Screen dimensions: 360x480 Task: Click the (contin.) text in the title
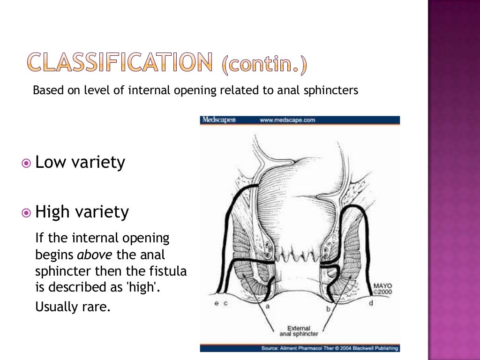265,66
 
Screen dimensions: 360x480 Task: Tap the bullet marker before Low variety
26,163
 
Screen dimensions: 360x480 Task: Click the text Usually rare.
73,307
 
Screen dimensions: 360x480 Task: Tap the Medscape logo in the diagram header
218,120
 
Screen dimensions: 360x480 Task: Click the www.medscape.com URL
287,120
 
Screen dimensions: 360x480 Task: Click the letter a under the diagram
267,306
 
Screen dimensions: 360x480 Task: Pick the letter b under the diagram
328,309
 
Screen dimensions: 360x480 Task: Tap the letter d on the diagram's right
371,304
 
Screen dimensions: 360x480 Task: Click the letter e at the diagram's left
216,304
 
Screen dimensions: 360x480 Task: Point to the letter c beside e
225,304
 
